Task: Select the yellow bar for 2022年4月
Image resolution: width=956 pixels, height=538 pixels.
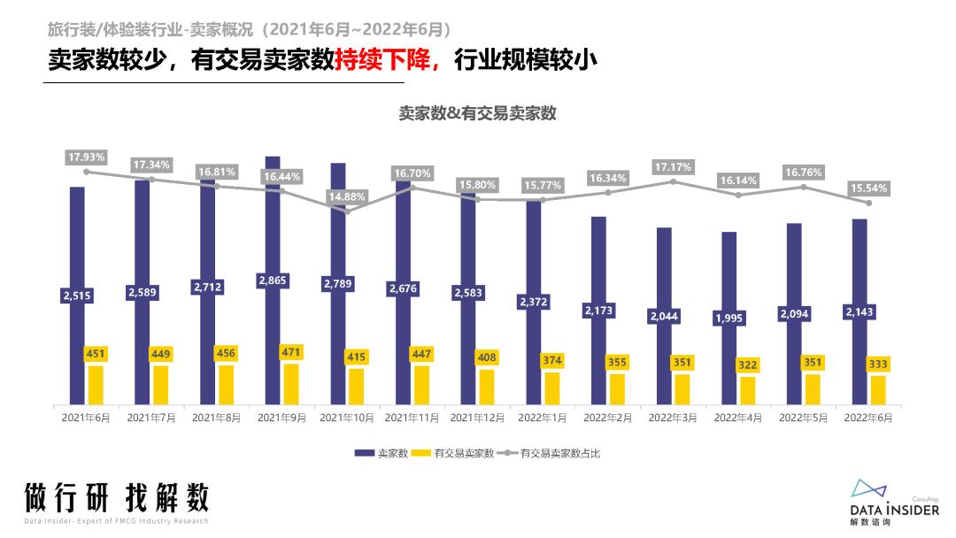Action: pyautogui.click(x=748, y=390)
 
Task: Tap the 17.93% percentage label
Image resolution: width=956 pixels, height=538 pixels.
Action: pyautogui.click(x=86, y=157)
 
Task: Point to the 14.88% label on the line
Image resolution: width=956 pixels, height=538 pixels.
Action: pyautogui.click(x=347, y=196)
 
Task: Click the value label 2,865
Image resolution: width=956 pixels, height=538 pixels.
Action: pyautogui.click(x=273, y=281)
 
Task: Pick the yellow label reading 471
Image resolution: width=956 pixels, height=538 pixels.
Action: pyautogui.click(x=291, y=351)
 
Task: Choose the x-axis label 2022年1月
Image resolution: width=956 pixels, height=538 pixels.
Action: pyautogui.click(x=542, y=417)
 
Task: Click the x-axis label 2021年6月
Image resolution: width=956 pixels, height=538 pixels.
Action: pyautogui.click(x=86, y=417)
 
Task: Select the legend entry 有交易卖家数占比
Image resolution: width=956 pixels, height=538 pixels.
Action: pyautogui.click(x=560, y=453)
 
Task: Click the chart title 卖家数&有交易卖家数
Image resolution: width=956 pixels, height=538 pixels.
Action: pyautogui.click(x=477, y=113)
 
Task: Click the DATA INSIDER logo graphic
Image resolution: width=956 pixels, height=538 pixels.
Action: pyautogui.click(x=873, y=488)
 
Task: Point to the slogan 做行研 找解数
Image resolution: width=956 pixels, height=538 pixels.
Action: pyautogui.click(x=117, y=497)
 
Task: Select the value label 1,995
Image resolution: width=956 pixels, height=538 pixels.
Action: pyautogui.click(x=729, y=318)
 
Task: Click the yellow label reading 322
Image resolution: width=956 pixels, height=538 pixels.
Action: pyautogui.click(x=747, y=364)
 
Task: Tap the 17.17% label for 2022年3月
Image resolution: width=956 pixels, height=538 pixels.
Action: pyautogui.click(x=673, y=166)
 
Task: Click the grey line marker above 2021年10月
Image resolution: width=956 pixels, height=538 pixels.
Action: pyautogui.click(x=347, y=211)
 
